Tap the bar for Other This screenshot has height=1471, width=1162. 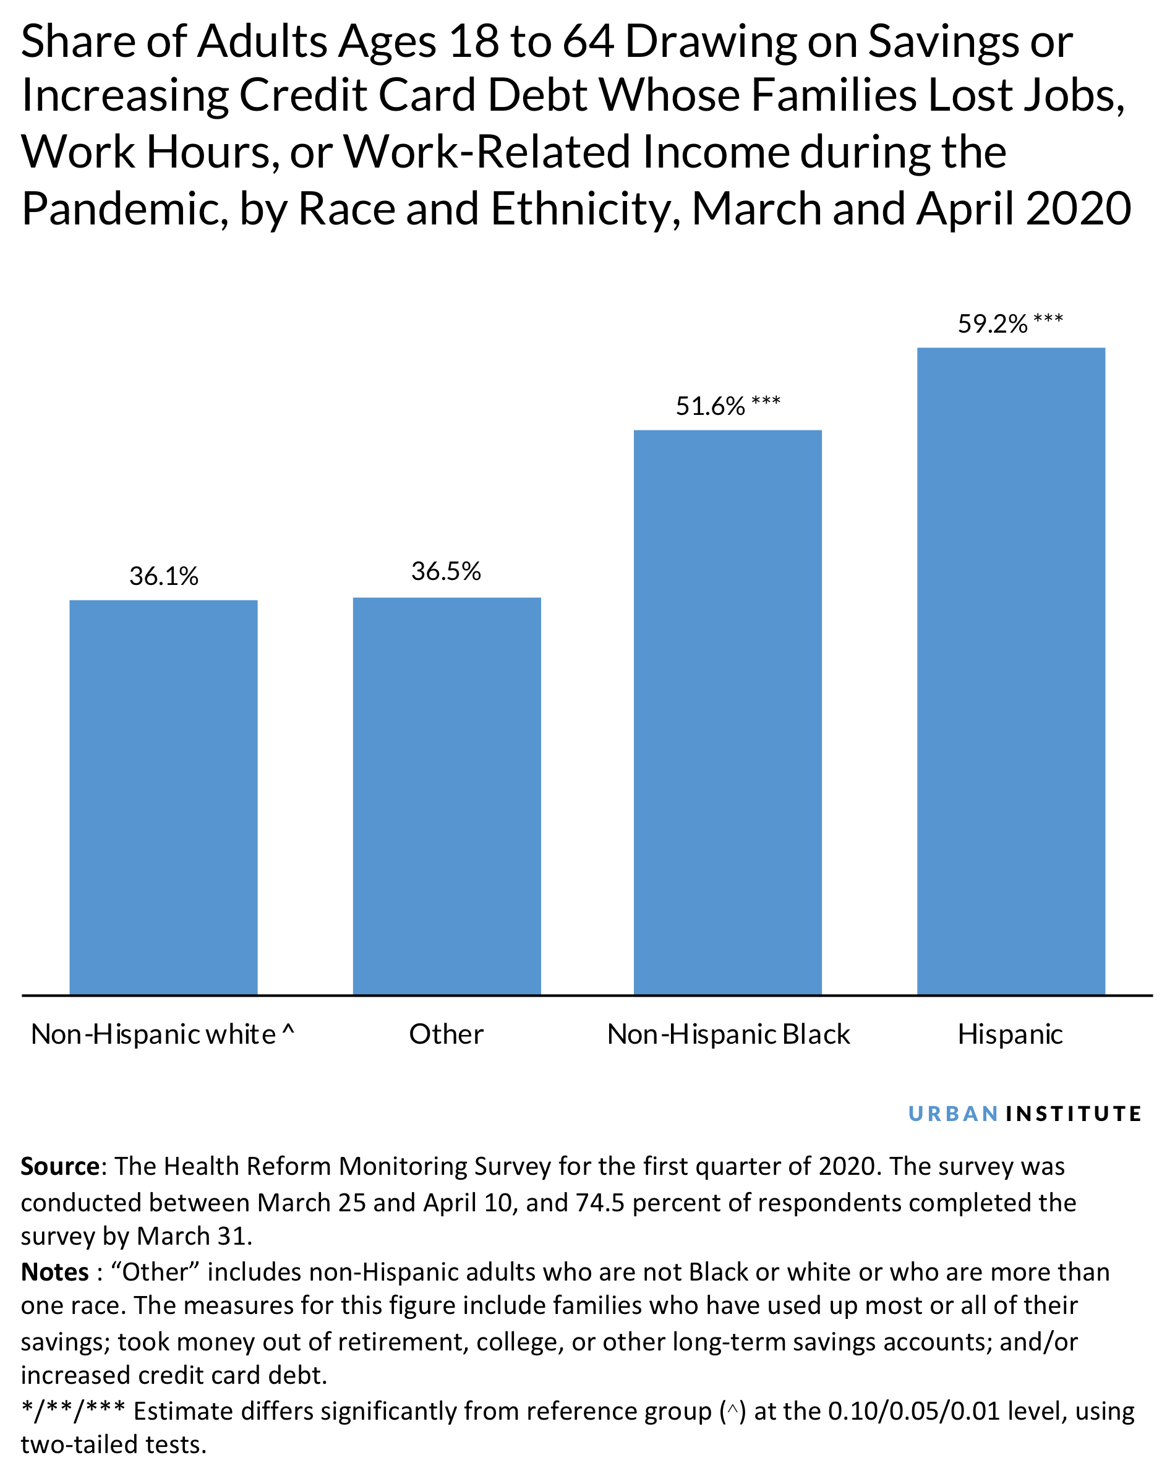(x=446, y=796)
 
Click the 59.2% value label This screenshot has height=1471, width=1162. (x=993, y=325)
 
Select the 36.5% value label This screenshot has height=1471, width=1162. (x=446, y=571)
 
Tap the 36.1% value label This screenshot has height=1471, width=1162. (x=163, y=577)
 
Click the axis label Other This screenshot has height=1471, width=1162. (x=446, y=1034)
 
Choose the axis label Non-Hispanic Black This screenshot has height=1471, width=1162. (x=728, y=1034)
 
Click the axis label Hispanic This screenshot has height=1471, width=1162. (x=1010, y=1034)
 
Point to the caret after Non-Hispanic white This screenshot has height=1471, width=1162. (x=288, y=1030)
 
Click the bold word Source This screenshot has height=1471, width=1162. (x=61, y=1166)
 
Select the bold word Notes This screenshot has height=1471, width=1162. (x=54, y=1272)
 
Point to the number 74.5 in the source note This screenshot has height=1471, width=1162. (x=599, y=1203)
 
